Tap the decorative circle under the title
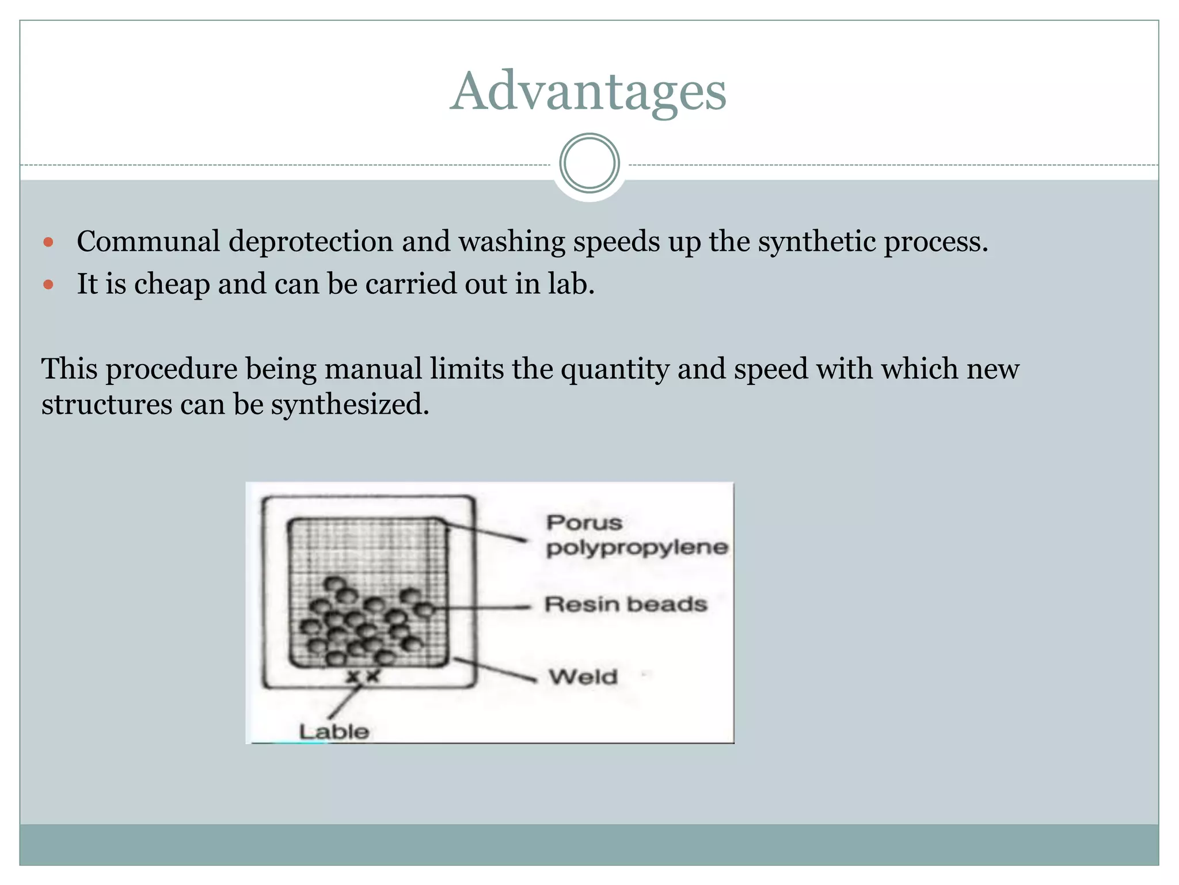click(589, 163)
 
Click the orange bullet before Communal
click(48, 242)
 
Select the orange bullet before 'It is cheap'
click(48, 285)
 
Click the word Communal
click(148, 241)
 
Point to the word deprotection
click(310, 241)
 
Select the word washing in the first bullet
click(512, 241)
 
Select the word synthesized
click(349, 404)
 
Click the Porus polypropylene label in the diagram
click(636, 535)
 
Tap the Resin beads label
click(626, 604)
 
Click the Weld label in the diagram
click(583, 676)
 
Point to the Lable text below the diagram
click(334, 732)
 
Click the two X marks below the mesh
click(363, 676)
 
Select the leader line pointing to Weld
click(495, 670)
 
